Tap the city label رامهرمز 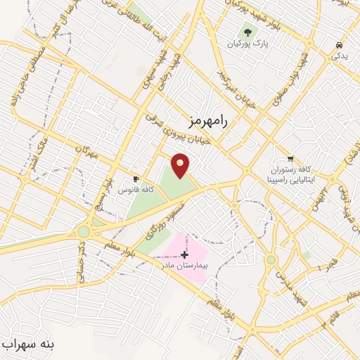(209, 120)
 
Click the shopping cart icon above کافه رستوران (290, 158)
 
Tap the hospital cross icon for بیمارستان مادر (185, 253)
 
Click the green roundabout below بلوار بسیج (84, 231)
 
